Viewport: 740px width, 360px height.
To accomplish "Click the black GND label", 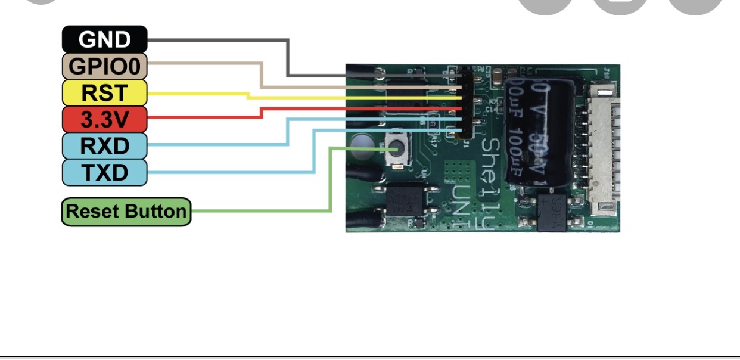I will (x=104, y=39).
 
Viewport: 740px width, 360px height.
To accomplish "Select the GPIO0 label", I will (x=104, y=66).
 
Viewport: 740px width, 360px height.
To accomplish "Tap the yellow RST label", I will (x=104, y=93).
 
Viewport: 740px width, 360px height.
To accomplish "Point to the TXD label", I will (x=104, y=172).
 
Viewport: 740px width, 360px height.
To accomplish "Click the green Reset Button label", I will (x=126, y=212).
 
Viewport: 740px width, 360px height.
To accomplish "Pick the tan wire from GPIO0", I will (x=261, y=75).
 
